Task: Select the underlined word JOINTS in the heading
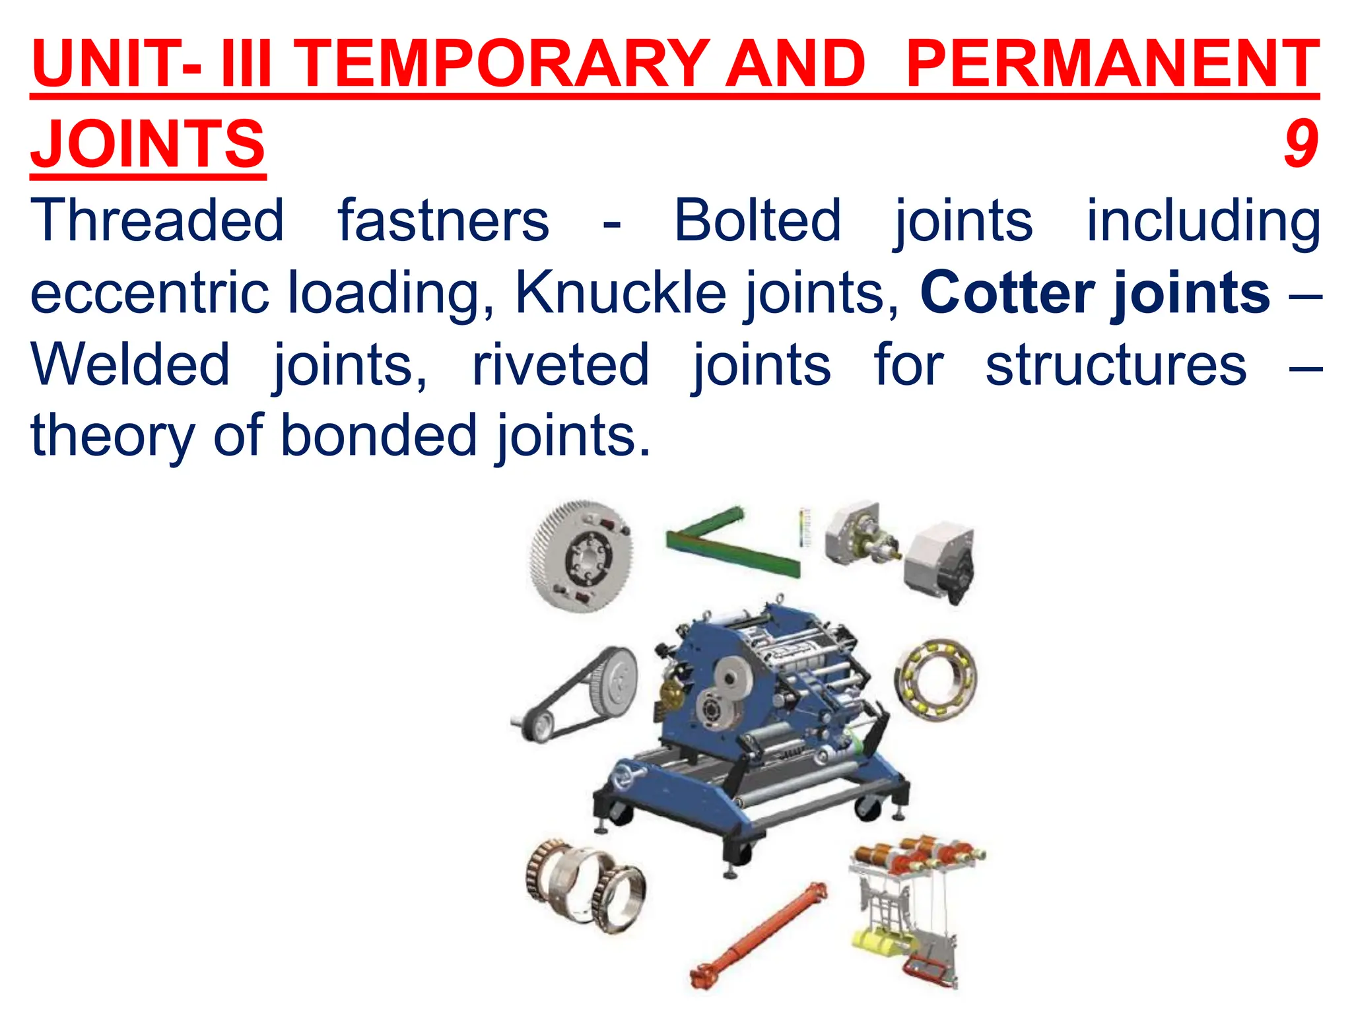pos(148,143)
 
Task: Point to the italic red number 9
pos(1300,143)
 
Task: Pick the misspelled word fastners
pos(444,220)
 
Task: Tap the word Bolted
pos(757,220)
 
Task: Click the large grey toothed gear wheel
pos(581,557)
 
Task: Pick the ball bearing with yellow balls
pos(935,679)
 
